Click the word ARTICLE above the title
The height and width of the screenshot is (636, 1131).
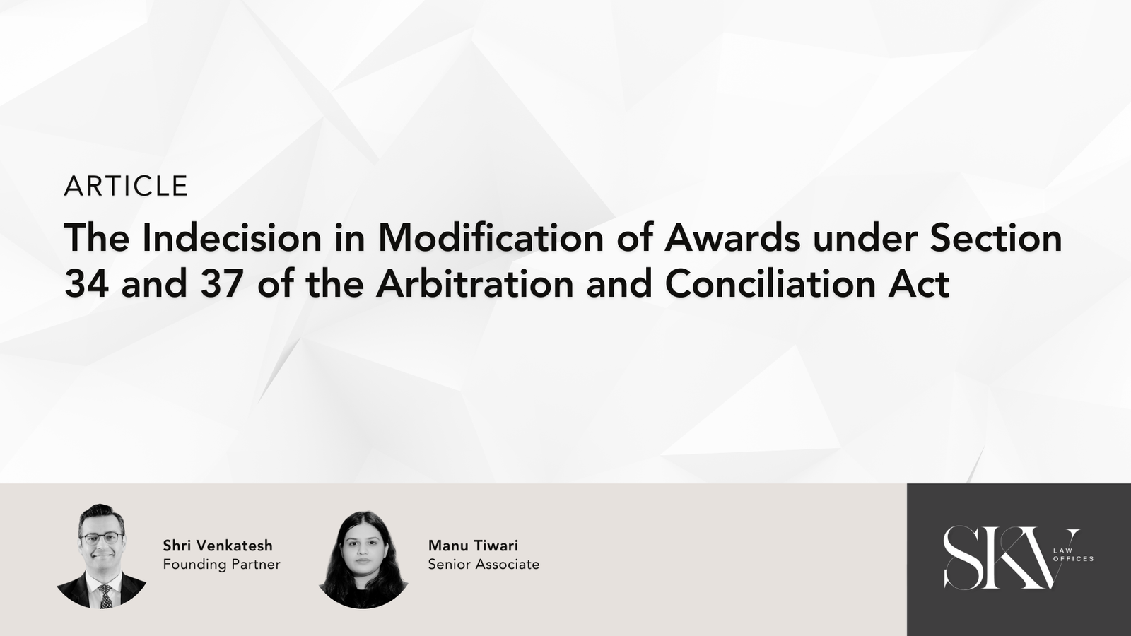(x=126, y=186)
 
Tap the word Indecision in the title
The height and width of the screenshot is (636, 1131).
(x=232, y=237)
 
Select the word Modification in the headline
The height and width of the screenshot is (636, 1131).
(x=491, y=237)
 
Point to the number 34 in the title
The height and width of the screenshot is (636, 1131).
(x=86, y=283)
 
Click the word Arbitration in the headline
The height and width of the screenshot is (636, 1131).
(x=475, y=283)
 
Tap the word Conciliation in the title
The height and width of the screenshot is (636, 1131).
(x=773, y=283)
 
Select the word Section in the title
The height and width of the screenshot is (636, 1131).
(x=996, y=237)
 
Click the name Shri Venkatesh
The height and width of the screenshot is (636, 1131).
(x=218, y=546)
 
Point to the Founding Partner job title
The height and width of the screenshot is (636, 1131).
(x=222, y=565)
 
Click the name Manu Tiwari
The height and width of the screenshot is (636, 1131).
(x=473, y=546)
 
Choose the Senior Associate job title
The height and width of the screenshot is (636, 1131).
(x=484, y=565)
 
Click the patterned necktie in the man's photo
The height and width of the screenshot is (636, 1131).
(x=105, y=596)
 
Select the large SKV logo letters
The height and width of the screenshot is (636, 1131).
(x=1004, y=558)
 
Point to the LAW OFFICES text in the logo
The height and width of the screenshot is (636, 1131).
(x=1073, y=555)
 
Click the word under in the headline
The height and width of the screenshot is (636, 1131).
(x=865, y=237)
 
